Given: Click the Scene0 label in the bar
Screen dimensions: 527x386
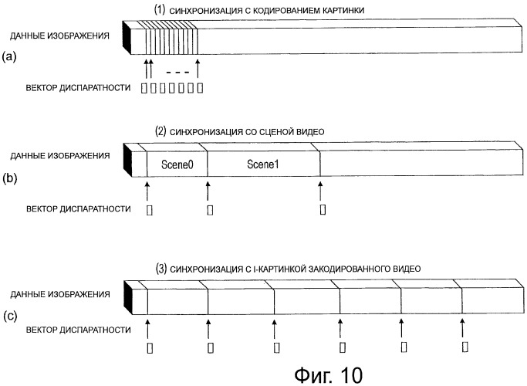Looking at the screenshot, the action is click(x=177, y=164).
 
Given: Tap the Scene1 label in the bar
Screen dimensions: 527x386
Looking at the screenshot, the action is click(x=263, y=164).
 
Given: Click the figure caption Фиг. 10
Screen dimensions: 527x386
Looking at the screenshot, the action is click(x=329, y=374).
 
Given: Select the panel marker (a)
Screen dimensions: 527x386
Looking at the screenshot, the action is click(x=9, y=56).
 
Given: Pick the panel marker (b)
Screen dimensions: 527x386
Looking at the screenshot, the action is click(x=9, y=178).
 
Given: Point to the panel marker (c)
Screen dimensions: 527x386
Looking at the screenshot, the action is click(x=10, y=316).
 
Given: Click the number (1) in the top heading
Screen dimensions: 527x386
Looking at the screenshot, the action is click(x=160, y=10).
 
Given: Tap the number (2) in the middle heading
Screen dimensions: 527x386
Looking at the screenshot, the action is click(x=160, y=130).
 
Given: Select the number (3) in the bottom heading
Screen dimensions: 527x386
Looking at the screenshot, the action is click(x=161, y=269).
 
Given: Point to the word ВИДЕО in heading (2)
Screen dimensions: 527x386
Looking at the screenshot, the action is click(x=310, y=131).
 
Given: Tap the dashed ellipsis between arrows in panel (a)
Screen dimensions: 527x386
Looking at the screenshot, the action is click(x=177, y=73).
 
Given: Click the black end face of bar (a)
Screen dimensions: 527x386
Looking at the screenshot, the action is click(x=127, y=37).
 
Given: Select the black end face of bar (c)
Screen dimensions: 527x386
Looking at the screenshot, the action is click(x=128, y=297).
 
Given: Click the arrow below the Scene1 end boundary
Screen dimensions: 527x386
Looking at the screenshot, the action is click(x=320, y=191).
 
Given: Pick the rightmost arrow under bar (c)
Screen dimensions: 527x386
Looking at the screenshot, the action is click(x=463, y=328).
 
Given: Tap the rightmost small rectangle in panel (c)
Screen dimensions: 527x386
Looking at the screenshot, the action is click(x=465, y=347).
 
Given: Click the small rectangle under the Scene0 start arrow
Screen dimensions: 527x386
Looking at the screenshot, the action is click(x=150, y=210).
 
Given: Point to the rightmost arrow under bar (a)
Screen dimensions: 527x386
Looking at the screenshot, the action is click(x=198, y=69).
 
